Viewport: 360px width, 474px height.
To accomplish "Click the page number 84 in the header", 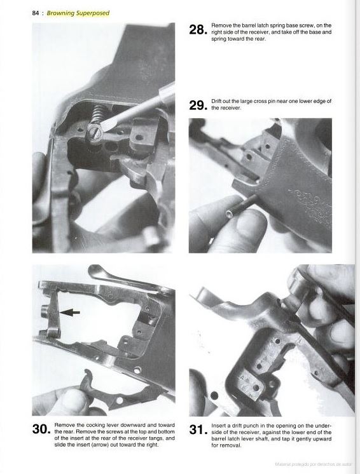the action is [36, 13].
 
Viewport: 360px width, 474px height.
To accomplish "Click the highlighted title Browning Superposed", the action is [78, 13].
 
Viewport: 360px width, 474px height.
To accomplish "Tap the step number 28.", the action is [198, 30].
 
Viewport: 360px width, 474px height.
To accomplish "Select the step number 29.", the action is [198, 105].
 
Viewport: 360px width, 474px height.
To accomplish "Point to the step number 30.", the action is [41, 430].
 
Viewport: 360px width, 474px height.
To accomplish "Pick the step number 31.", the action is [198, 430].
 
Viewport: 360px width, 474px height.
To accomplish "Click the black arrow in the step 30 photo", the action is [70, 312].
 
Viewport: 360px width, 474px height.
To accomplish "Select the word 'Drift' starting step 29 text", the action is [217, 101].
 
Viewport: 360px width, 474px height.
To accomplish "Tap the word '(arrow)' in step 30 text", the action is [101, 445].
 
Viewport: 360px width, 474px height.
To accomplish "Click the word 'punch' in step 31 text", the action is [245, 426].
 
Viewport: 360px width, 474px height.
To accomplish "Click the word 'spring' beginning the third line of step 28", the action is [219, 39].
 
